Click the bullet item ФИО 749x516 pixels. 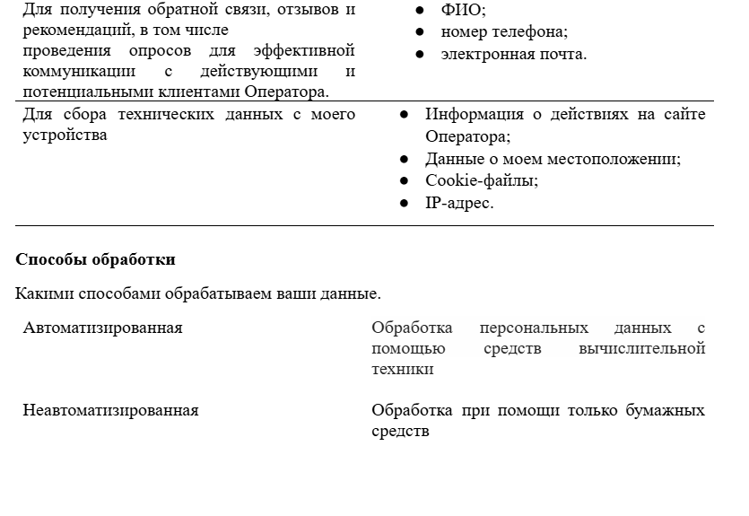[463, 11]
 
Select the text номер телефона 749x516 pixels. [504, 32]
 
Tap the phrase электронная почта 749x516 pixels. [513, 54]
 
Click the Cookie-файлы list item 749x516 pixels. [469, 180]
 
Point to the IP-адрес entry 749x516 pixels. [459, 203]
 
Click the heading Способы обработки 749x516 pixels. [95, 259]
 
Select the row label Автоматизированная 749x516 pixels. [102, 328]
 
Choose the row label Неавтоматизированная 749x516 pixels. [110, 410]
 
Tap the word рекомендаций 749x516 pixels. [71, 29]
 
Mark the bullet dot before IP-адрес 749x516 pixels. [405, 204]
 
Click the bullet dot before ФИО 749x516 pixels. [421, 11]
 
